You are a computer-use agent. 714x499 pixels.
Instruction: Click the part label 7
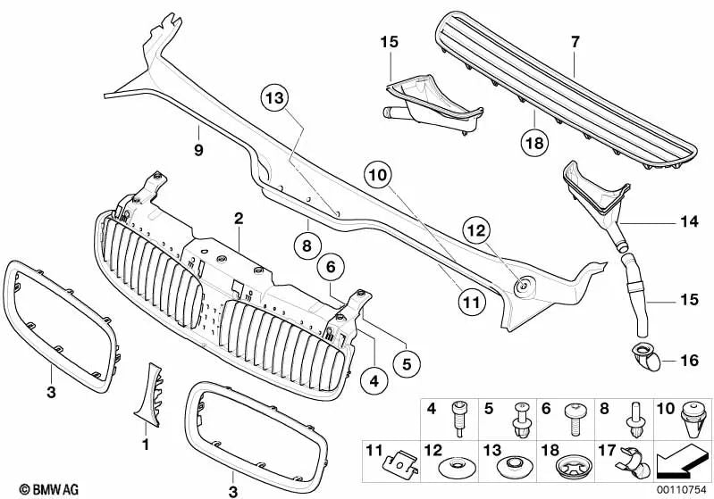pos(575,40)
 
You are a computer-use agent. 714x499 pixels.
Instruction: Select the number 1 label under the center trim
pos(147,443)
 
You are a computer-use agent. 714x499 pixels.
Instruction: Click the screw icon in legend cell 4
pos(461,416)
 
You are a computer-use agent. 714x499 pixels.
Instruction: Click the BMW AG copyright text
pos(34,488)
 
